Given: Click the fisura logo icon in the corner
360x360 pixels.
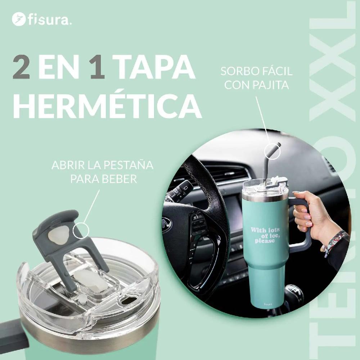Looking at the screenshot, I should pos(18,19).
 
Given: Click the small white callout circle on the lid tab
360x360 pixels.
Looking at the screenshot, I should pos(81,230).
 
